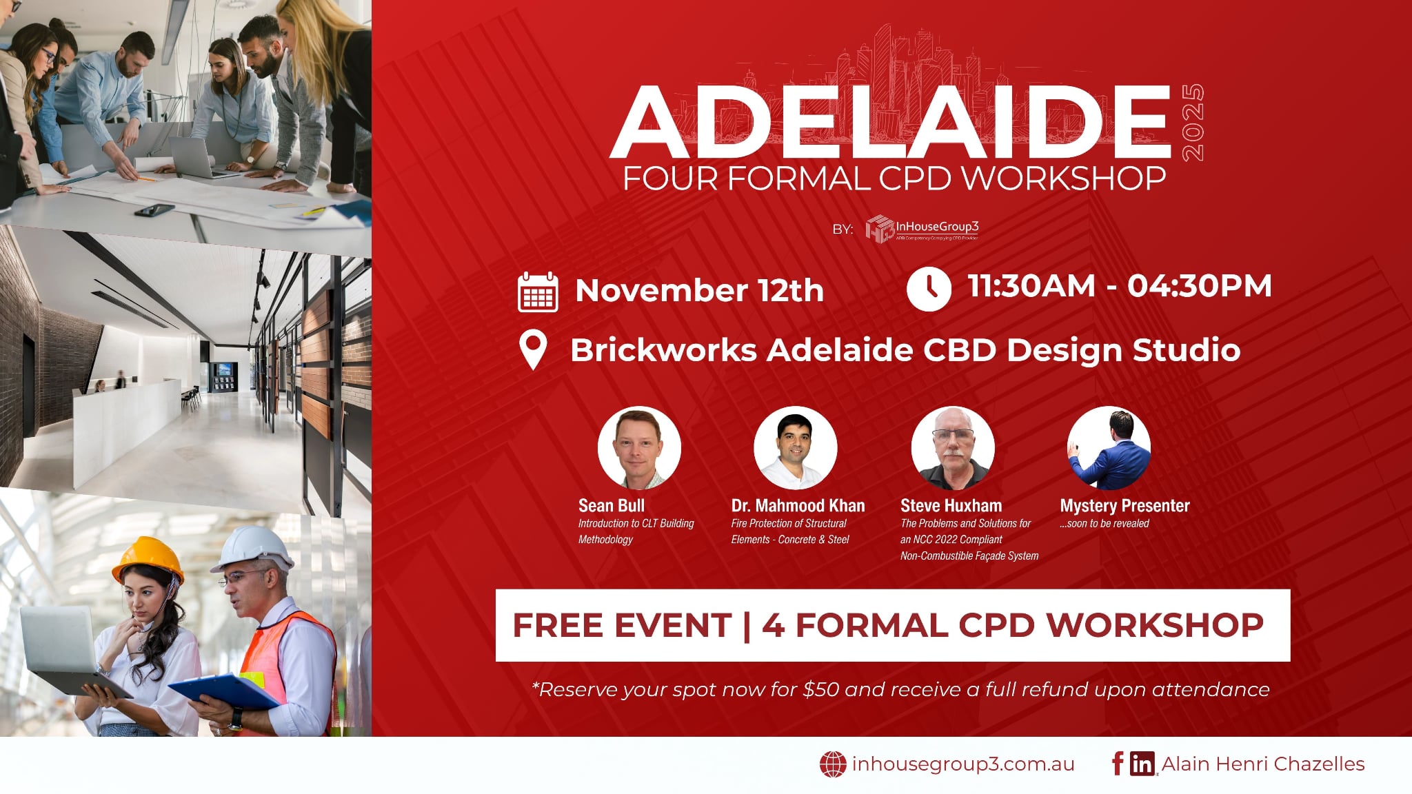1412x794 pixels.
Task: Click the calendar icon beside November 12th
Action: [538, 292]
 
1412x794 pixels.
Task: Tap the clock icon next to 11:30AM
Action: [929, 289]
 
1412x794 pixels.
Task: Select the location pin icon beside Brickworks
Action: [533, 350]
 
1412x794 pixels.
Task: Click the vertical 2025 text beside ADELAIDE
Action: [1193, 123]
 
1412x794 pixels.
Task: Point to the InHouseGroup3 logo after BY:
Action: [922, 229]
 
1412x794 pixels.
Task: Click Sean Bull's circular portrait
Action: [639, 448]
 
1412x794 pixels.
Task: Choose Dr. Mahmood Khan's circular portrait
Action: [795, 448]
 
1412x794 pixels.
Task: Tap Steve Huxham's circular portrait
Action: [953, 448]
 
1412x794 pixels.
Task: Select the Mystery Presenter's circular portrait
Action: [1109, 448]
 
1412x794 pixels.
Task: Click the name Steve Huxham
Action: [951, 506]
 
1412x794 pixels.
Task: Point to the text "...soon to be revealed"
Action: [1105, 524]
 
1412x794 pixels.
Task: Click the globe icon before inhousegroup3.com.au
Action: [833, 764]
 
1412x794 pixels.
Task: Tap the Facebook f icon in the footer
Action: [1118, 764]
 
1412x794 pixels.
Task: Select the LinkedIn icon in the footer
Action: [1142, 764]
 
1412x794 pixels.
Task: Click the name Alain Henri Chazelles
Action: [1263, 764]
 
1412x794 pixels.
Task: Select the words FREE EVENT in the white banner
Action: [622, 626]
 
